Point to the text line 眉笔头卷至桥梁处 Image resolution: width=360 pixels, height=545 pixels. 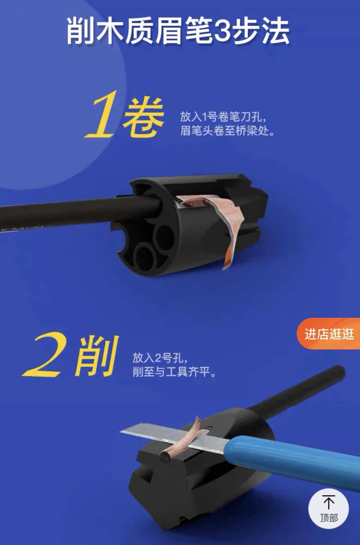(227, 132)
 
